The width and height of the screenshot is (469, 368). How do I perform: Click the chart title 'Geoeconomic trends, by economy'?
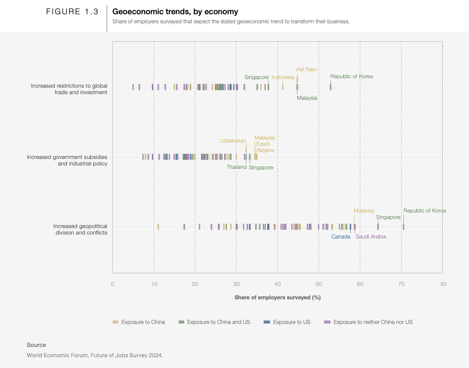pyautogui.click(x=175, y=12)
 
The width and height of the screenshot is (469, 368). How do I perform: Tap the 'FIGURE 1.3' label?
pyautogui.click(x=72, y=12)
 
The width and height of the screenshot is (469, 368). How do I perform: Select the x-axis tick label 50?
pyautogui.click(x=319, y=284)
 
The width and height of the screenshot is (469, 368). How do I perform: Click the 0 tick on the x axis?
pyautogui.click(x=113, y=284)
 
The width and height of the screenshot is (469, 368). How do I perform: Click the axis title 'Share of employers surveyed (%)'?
pyautogui.click(x=277, y=298)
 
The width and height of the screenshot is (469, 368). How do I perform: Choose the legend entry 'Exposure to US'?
pyautogui.click(x=292, y=322)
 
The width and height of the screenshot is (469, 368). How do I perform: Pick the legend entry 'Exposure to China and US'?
pyautogui.click(x=218, y=322)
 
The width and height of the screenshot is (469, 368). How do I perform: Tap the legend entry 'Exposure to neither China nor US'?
pyautogui.click(x=373, y=322)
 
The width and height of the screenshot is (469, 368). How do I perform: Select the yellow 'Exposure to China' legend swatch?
pyautogui.click(x=115, y=322)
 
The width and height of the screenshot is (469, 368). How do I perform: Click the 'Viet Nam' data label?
pyautogui.click(x=306, y=70)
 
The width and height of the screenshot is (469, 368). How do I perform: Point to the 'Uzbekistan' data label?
pyautogui.click(x=233, y=141)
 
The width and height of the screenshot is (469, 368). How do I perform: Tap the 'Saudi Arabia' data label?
pyautogui.click(x=371, y=237)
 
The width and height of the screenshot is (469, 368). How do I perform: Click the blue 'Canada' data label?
pyautogui.click(x=341, y=237)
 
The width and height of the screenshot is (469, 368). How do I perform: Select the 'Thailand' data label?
pyautogui.click(x=236, y=167)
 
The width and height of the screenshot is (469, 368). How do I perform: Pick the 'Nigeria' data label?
pyautogui.click(x=265, y=150)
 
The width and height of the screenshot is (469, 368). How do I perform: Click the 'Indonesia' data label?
pyautogui.click(x=283, y=77)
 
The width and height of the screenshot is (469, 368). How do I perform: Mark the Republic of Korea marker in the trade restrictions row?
pyautogui.click(x=331, y=87)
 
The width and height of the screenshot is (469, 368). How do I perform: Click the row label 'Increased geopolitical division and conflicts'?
pyautogui.click(x=80, y=229)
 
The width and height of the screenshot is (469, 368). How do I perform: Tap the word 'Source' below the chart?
pyautogui.click(x=36, y=345)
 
